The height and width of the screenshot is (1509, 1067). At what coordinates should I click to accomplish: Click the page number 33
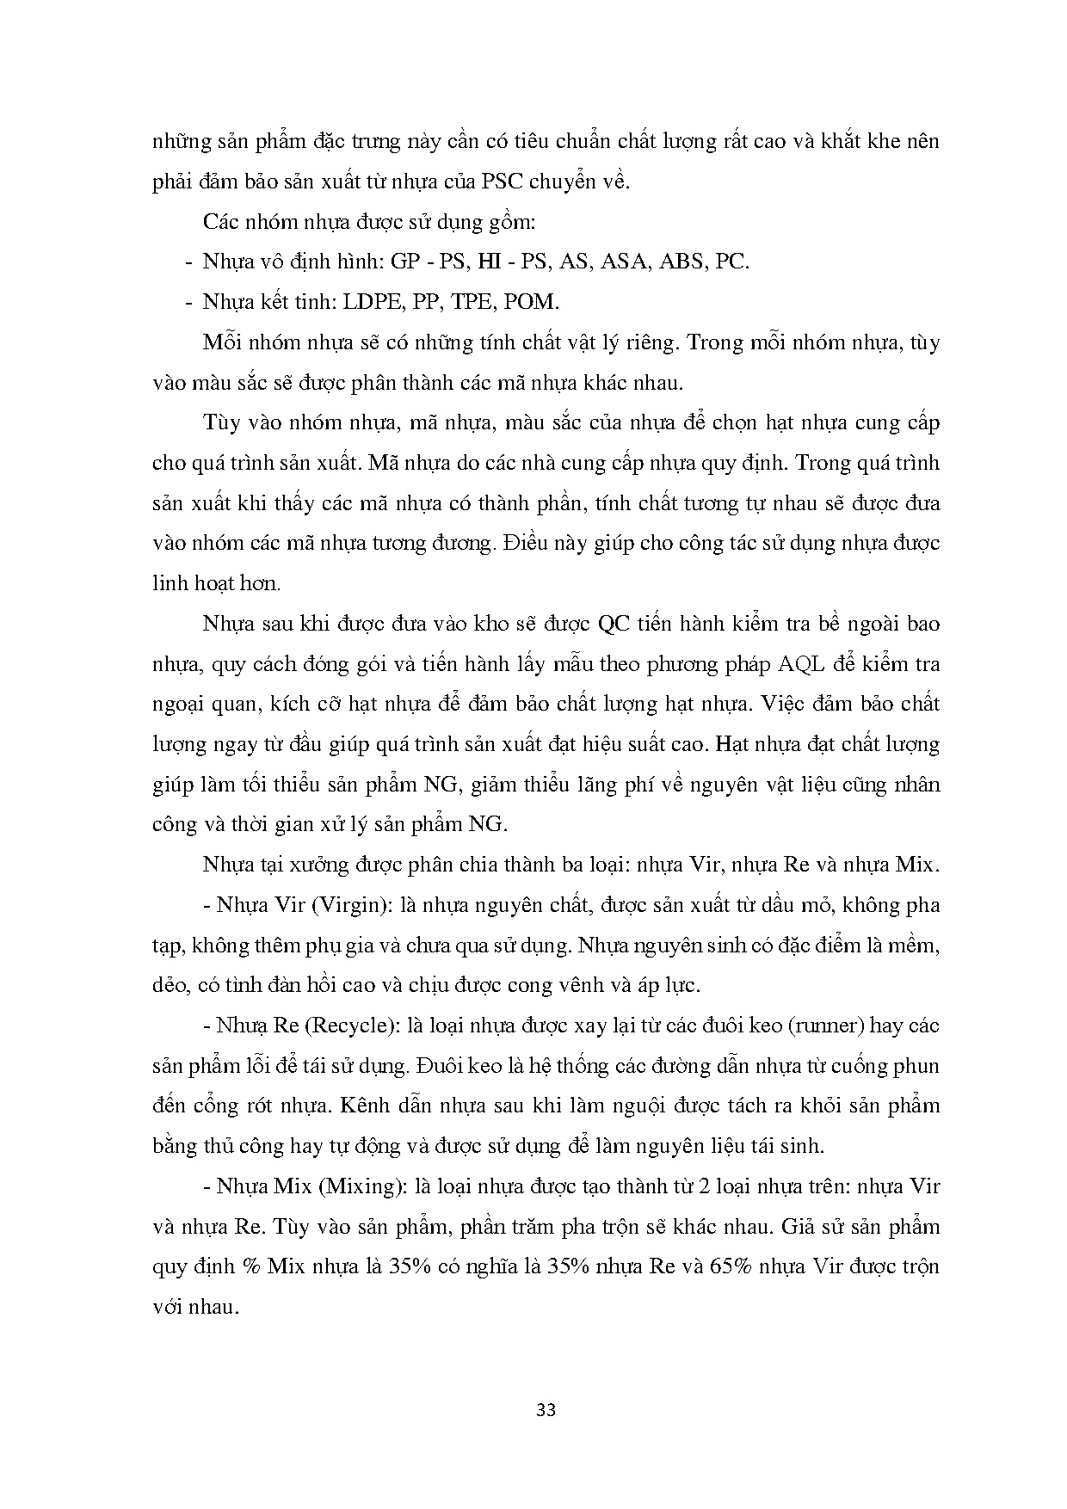(546, 1410)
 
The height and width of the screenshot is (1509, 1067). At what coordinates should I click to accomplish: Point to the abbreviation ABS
(683, 262)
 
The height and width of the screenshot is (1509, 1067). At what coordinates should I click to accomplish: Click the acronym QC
(616, 624)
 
